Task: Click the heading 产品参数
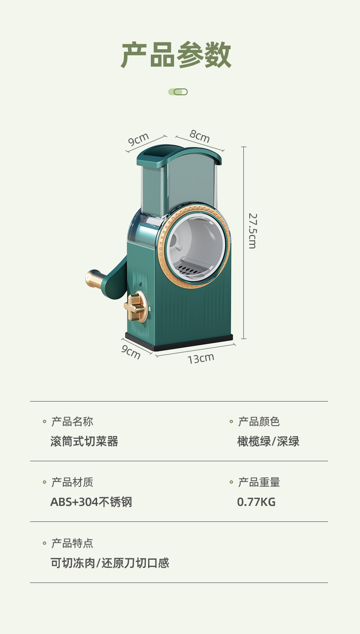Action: point(176,55)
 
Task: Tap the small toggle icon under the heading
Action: point(178,92)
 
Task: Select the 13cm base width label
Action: point(201,358)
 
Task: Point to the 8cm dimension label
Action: point(200,136)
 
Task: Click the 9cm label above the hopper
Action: point(139,139)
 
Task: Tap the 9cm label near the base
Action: point(131,352)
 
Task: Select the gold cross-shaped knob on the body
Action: point(135,309)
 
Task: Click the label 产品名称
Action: point(72,422)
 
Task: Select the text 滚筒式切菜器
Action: point(84,441)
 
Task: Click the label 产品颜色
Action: point(259,422)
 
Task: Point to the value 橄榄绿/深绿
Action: point(268,441)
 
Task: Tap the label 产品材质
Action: point(72,482)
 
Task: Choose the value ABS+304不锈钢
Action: point(91,502)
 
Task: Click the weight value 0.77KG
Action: point(256,502)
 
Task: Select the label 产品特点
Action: point(72,543)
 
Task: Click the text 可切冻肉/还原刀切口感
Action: point(110,563)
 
